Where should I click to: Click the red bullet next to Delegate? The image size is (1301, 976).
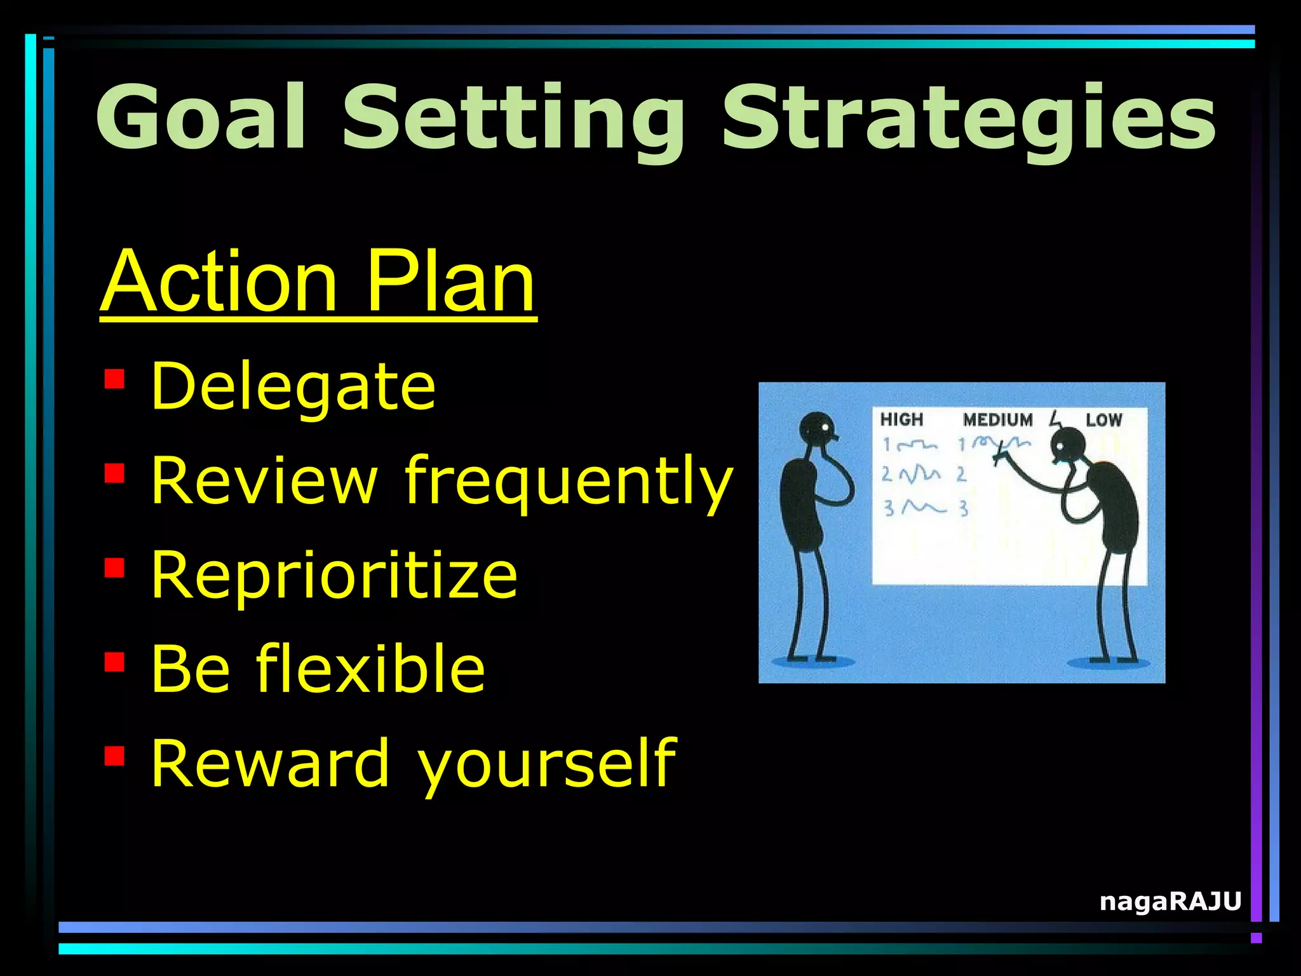pos(114,379)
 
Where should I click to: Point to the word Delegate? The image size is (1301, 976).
pos(293,386)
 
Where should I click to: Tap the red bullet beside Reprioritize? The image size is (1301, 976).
pos(114,567)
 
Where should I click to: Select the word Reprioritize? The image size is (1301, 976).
pos(334,574)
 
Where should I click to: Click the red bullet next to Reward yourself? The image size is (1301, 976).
pos(114,756)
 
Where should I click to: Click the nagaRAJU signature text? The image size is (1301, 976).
pos(1170,901)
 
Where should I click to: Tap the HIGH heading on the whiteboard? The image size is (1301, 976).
pos(901,419)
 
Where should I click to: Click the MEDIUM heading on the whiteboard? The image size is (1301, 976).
pos(997,419)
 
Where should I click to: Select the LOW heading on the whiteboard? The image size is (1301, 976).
pos(1103,419)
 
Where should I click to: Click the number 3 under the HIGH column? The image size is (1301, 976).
pos(889,508)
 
